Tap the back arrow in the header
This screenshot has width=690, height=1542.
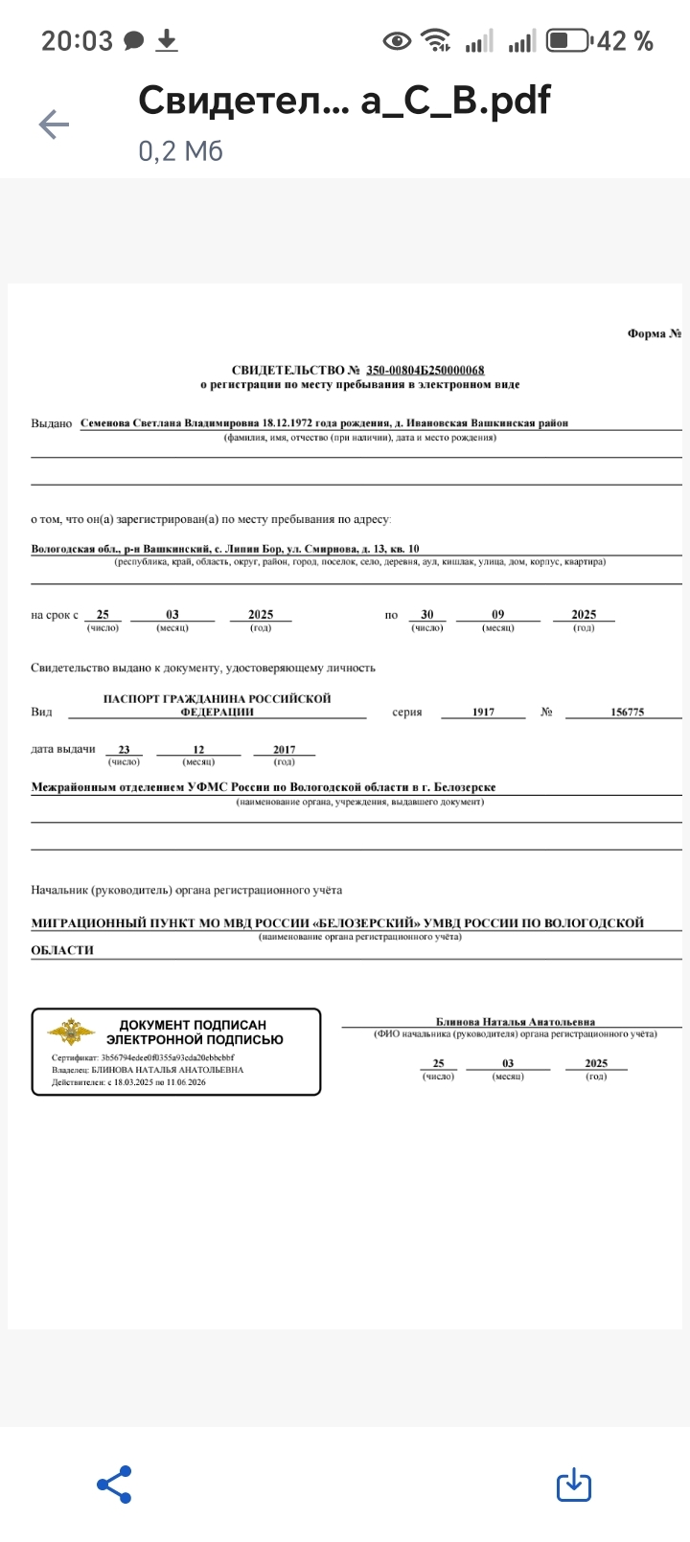(x=54, y=124)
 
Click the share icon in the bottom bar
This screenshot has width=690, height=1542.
(x=114, y=1485)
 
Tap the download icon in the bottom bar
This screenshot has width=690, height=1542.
(x=573, y=1485)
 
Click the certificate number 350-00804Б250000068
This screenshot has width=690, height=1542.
(x=425, y=371)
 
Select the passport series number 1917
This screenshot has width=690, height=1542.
(x=484, y=713)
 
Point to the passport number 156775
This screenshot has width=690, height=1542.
(x=627, y=713)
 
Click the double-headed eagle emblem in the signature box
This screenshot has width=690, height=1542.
(x=72, y=1032)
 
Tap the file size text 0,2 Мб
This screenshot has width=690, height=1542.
(x=180, y=150)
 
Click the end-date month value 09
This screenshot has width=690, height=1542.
(x=497, y=615)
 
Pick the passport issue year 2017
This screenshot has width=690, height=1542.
(x=284, y=750)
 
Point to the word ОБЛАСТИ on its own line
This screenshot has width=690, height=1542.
(x=62, y=950)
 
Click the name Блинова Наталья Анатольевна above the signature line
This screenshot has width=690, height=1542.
(x=515, y=1022)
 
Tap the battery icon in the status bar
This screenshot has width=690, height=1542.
(x=568, y=41)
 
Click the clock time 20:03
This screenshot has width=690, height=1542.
(x=77, y=41)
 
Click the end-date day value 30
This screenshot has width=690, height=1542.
(x=427, y=615)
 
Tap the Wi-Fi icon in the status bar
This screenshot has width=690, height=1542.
(x=437, y=41)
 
